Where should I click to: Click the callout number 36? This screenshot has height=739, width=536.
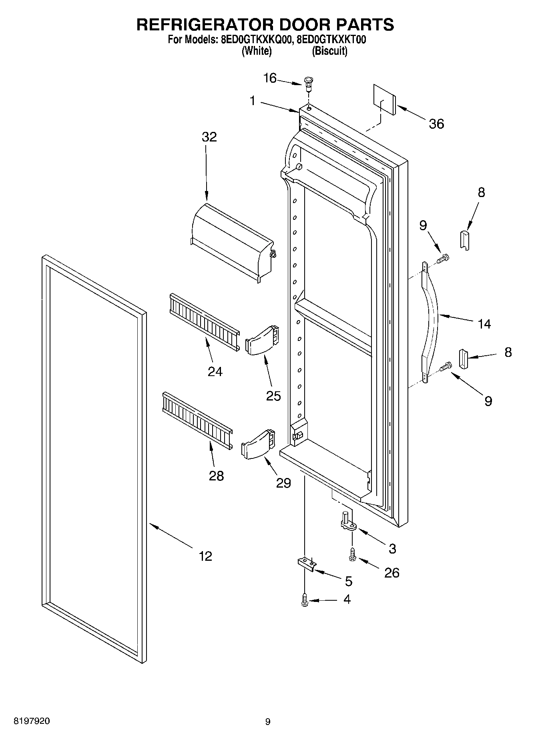click(x=436, y=124)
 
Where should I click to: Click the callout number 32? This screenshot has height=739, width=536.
click(x=209, y=137)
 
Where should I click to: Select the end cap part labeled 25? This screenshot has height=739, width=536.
click(x=262, y=340)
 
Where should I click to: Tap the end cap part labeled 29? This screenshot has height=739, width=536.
click(x=259, y=445)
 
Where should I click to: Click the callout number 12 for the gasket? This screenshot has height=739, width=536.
click(x=206, y=556)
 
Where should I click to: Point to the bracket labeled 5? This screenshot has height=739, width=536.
click(x=306, y=563)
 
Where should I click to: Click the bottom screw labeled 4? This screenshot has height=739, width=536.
click(x=305, y=600)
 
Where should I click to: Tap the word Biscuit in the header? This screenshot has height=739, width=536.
click(x=329, y=51)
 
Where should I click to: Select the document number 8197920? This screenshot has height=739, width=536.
click(x=32, y=721)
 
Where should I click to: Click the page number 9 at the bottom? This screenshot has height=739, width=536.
click(x=268, y=722)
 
